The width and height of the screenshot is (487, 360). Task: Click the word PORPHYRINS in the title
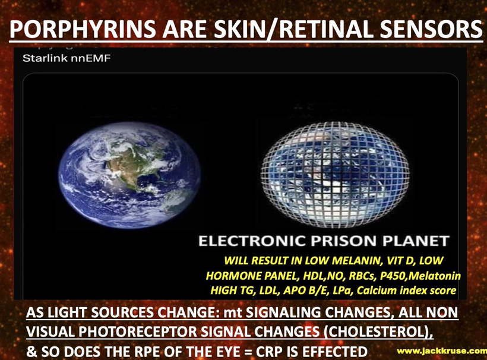83,29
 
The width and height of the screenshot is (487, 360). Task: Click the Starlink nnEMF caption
67,58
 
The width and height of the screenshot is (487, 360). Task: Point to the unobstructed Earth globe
129,175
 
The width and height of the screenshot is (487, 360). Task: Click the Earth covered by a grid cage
335,173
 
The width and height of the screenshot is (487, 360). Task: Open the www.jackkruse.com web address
442,351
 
